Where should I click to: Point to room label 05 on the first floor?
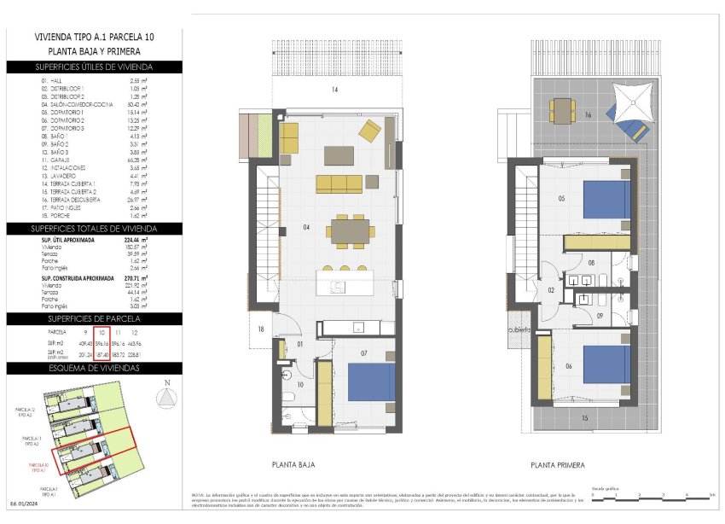561,199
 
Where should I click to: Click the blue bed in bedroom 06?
606,364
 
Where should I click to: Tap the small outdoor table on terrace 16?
562,109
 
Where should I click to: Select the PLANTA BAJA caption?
295,465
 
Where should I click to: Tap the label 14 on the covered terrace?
335,90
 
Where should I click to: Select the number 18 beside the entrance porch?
261,329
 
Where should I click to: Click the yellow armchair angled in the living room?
370,131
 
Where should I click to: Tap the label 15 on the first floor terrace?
584,418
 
